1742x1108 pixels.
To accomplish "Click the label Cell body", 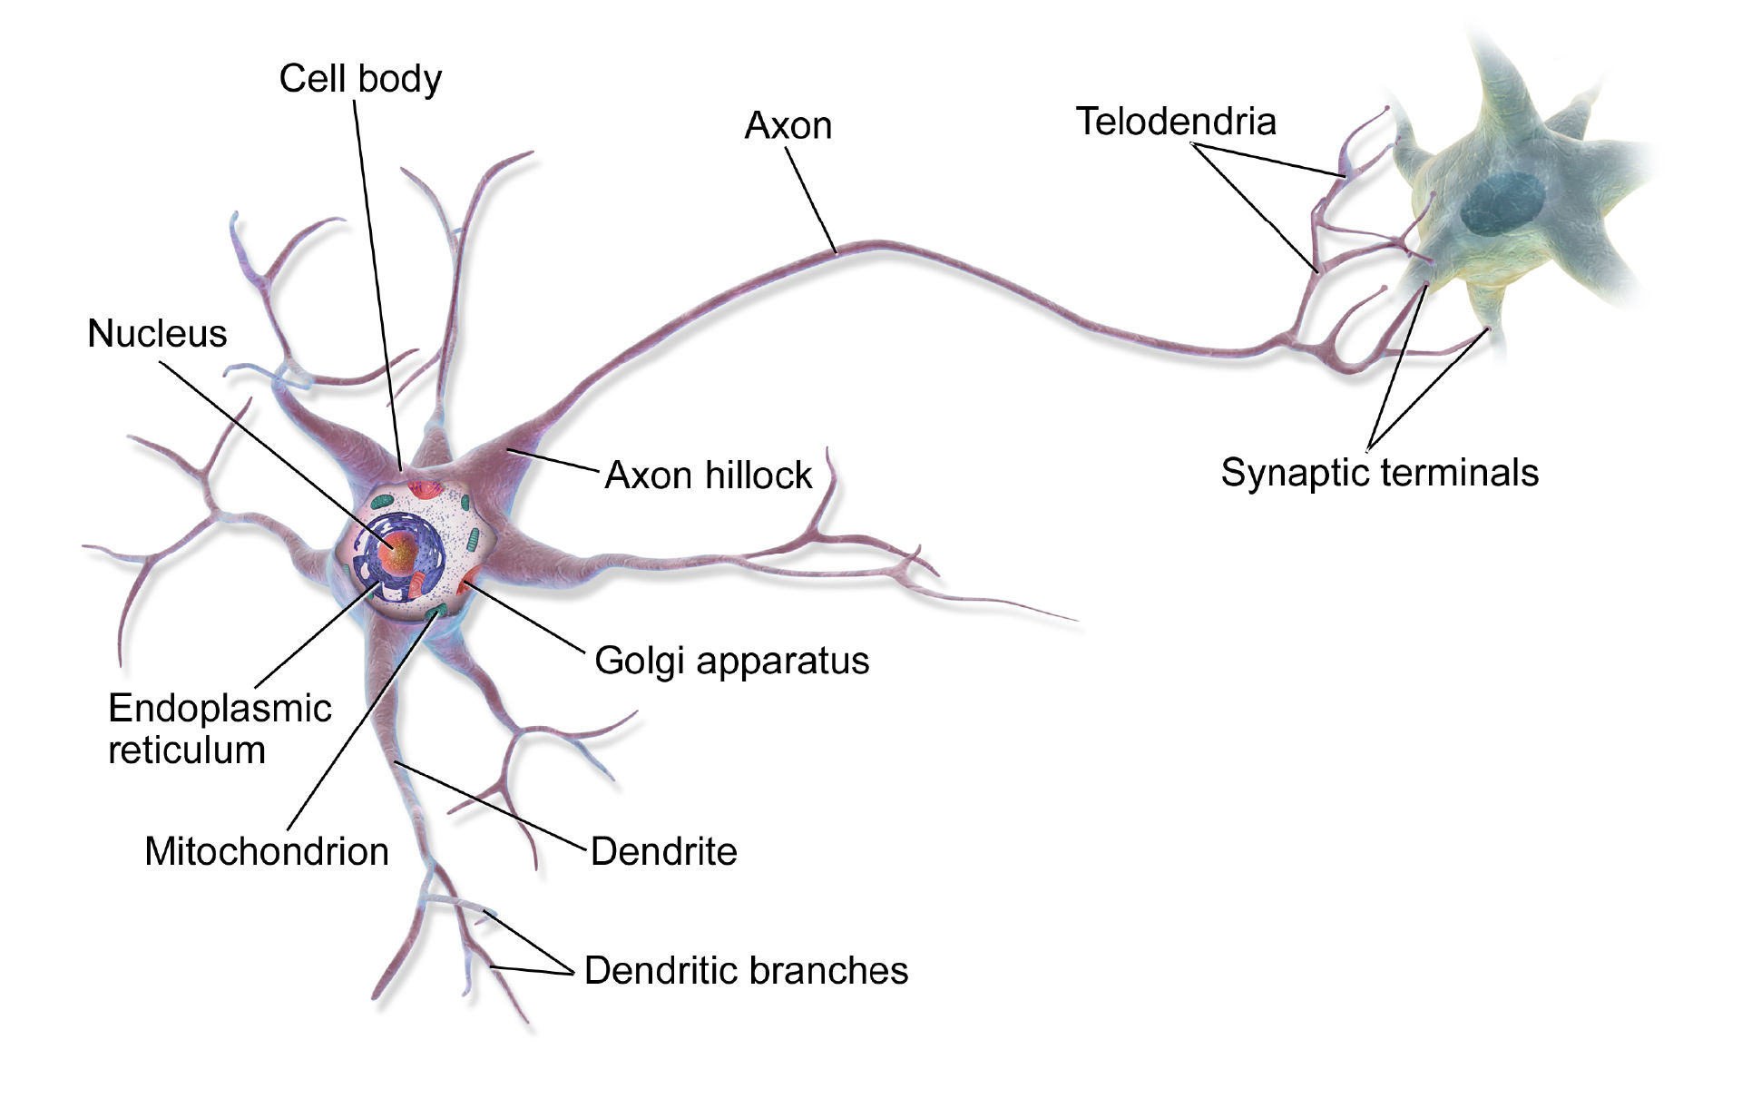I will coord(360,79).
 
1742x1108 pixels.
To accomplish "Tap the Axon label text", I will coord(788,126).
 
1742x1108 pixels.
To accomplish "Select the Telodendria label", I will coord(1176,122).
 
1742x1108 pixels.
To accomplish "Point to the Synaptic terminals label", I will coord(1379,473).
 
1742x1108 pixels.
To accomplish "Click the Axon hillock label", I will coord(708,476).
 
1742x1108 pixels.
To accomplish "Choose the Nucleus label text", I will coord(157,334).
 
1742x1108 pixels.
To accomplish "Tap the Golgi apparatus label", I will coord(731,661).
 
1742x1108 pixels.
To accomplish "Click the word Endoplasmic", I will coord(220,708).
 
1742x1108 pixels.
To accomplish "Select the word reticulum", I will coord(187,750).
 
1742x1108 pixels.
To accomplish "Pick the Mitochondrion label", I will coord(267,851).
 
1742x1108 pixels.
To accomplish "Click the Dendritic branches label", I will coord(746,970).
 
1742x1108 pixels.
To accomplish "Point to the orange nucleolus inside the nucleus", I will coord(399,552).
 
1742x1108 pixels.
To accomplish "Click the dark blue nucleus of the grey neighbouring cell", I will coord(1502,203).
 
